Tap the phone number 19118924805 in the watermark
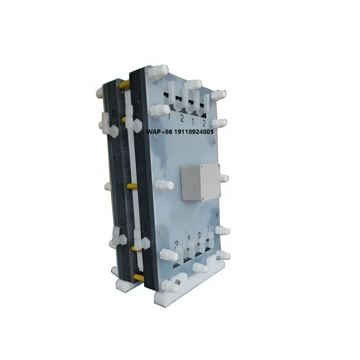[x=187, y=132]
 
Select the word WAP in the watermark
[x=152, y=132]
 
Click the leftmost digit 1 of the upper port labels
[x=169, y=116]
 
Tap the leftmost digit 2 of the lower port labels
[x=176, y=243]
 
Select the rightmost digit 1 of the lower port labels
[x=209, y=228]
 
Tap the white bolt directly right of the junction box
[x=223, y=178]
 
